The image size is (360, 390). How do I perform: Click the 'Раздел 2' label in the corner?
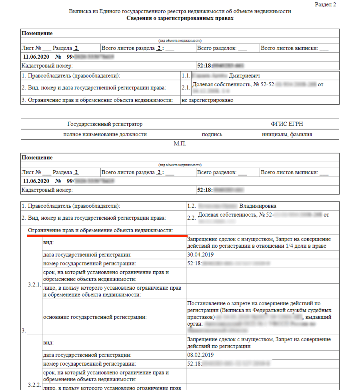tap(325, 4)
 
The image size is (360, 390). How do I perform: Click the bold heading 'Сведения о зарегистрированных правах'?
tap(180, 18)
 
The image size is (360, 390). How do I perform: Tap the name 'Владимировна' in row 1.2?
tap(257, 206)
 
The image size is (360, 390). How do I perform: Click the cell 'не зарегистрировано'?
tap(207, 100)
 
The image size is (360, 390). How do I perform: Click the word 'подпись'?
tap(212, 135)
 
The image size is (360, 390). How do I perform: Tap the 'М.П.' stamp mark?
tap(180, 143)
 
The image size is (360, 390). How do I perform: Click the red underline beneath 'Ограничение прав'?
tap(107, 235)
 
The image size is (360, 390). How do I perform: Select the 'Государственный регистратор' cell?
tap(105, 124)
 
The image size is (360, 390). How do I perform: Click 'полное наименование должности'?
tap(105, 135)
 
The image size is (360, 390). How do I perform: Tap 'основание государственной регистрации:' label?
tap(94, 317)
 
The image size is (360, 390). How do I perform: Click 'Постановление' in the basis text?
tap(206, 303)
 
